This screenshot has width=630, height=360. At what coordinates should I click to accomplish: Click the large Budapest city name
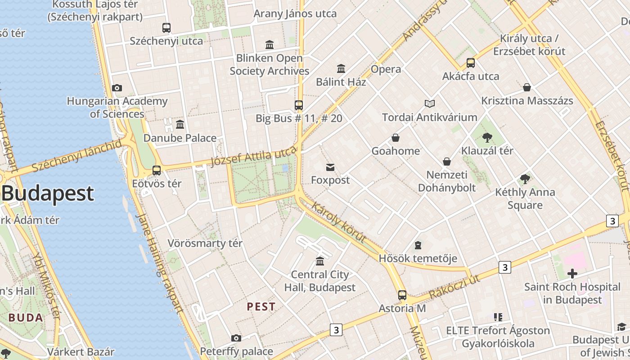tap(48, 193)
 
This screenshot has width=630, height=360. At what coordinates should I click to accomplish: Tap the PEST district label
tap(261, 307)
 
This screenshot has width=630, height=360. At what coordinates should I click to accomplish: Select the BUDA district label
tap(26, 318)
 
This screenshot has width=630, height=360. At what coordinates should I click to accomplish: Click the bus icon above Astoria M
tap(402, 295)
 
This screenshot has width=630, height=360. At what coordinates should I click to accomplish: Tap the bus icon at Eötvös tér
tap(157, 171)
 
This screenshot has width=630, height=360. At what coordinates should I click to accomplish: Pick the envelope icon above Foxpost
tap(330, 167)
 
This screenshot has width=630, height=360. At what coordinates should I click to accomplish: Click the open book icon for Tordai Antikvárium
tap(430, 104)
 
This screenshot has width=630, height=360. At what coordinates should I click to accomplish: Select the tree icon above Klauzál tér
tap(487, 138)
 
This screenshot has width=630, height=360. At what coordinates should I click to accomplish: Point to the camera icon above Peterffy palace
tap(236, 338)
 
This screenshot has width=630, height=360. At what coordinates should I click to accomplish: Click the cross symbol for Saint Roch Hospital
tap(572, 273)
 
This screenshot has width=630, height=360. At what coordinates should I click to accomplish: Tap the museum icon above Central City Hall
tap(320, 261)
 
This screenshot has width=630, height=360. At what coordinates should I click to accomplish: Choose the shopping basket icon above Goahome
tap(396, 138)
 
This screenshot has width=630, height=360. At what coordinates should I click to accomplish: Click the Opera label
tap(386, 69)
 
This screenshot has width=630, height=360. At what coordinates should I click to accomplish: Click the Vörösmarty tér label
tap(205, 243)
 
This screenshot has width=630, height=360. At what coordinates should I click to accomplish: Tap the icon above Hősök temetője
tap(418, 245)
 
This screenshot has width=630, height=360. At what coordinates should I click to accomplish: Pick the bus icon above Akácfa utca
tap(471, 63)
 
